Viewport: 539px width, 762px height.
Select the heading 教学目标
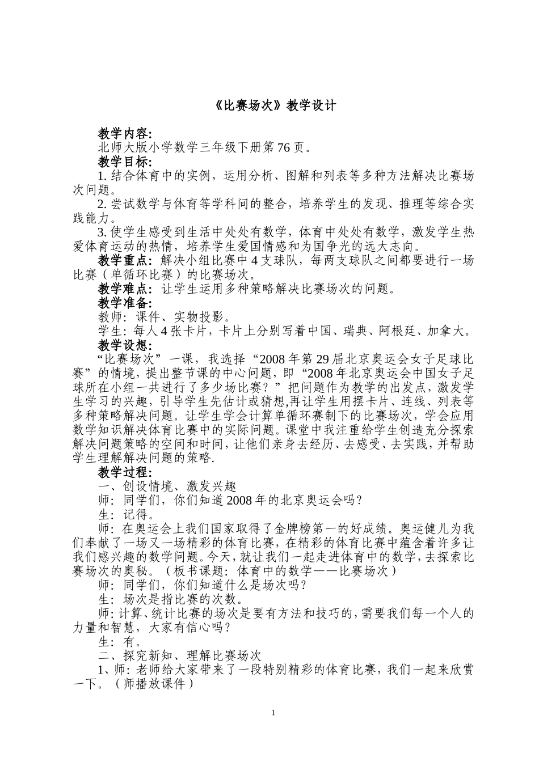124,162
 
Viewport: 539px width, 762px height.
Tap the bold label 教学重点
124,260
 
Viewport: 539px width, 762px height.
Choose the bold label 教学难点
124,289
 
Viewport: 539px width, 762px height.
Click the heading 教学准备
124,303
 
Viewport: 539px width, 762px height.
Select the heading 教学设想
124,345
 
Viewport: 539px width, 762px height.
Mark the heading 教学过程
124,472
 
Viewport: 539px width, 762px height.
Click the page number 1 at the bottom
274,712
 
